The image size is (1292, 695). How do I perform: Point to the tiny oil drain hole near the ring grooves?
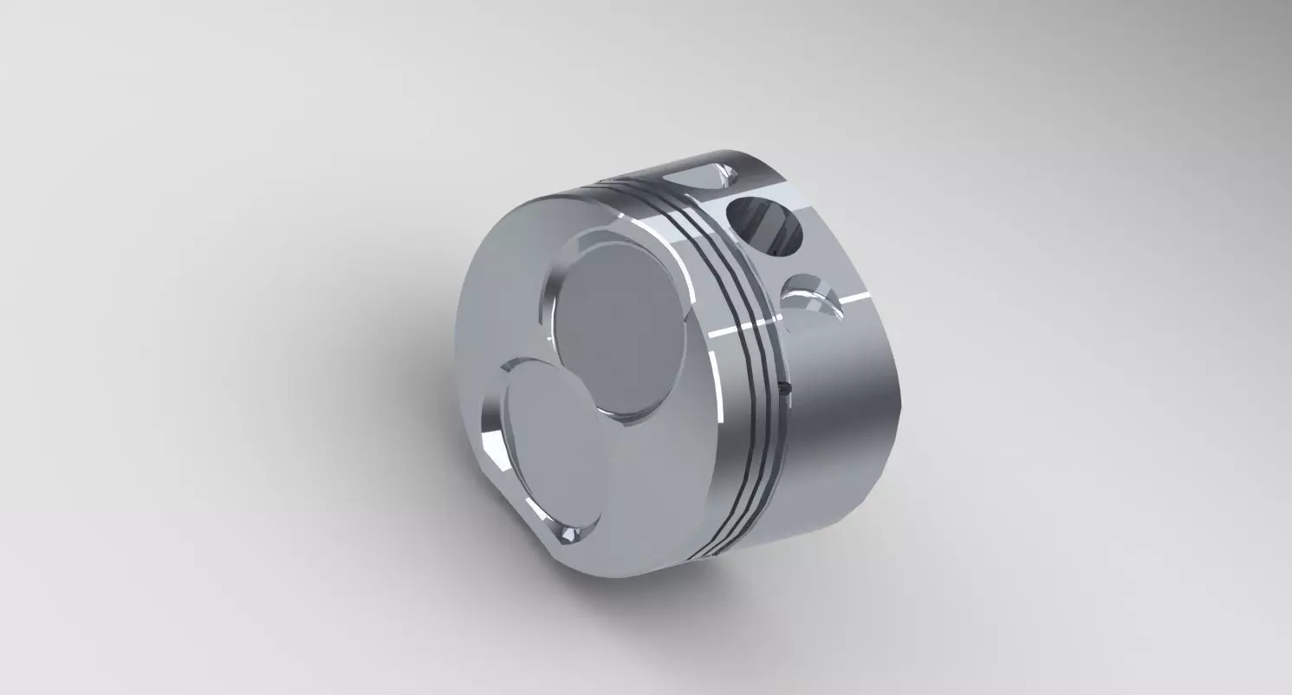(x=785, y=388)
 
